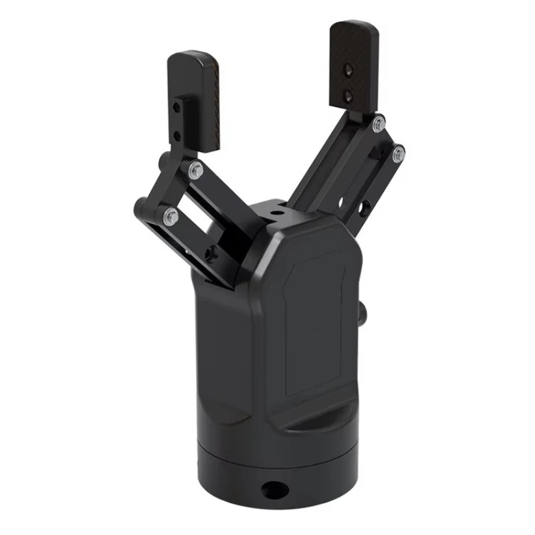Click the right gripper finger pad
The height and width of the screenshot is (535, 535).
tap(354, 64)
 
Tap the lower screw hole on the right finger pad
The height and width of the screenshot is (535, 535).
tap(348, 96)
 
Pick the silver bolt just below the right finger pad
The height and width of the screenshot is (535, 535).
tap(379, 122)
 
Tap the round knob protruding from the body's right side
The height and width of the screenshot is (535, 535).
tap(363, 313)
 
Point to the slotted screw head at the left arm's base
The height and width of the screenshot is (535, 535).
tap(213, 253)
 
